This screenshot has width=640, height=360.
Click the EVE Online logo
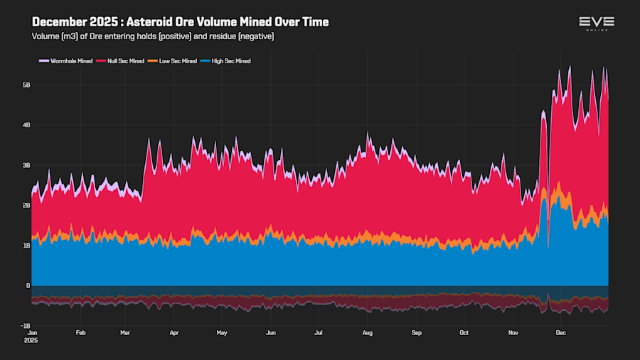[x=596, y=23]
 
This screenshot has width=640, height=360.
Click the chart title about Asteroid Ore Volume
[x=181, y=22]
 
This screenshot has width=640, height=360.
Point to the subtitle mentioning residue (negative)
[x=153, y=36]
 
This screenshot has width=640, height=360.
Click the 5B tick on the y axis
[x=26, y=85]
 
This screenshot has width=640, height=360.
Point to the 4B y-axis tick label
[x=26, y=125]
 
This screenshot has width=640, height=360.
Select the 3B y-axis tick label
[x=26, y=165]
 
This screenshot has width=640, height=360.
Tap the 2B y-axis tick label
[x=26, y=206]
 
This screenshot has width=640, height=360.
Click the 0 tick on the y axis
[x=28, y=286]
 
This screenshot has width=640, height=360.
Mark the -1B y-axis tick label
[x=25, y=326]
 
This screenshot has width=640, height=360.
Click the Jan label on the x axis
[x=32, y=332]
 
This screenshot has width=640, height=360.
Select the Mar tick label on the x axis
[x=126, y=332]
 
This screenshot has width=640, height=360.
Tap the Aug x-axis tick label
[x=368, y=332]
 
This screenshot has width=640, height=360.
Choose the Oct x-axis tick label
[x=464, y=332]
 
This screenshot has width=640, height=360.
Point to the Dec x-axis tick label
[x=560, y=332]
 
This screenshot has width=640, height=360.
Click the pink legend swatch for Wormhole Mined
[x=43, y=61]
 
